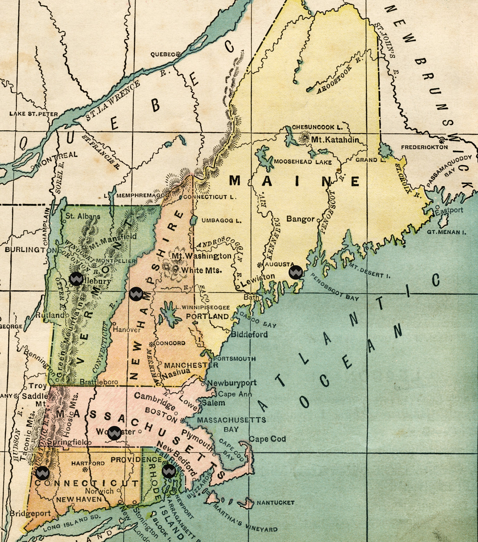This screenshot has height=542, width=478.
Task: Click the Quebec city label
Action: click(x=162, y=55)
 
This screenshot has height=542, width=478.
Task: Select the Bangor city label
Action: click(x=300, y=219)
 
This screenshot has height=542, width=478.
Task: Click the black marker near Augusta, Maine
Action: click(x=296, y=272)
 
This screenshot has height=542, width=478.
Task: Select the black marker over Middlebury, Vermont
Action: click(x=76, y=278)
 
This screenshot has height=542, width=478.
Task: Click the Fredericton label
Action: click(x=424, y=147)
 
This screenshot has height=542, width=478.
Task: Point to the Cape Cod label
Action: click(x=267, y=439)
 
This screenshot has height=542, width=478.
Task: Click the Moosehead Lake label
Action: click(x=303, y=162)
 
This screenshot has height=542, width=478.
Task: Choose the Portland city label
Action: click(x=207, y=316)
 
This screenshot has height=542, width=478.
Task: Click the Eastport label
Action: click(x=449, y=211)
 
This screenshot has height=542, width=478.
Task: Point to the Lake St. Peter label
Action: click(x=33, y=114)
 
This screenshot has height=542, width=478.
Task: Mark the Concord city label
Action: click(x=170, y=343)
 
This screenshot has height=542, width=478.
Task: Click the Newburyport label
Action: click(x=232, y=383)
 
